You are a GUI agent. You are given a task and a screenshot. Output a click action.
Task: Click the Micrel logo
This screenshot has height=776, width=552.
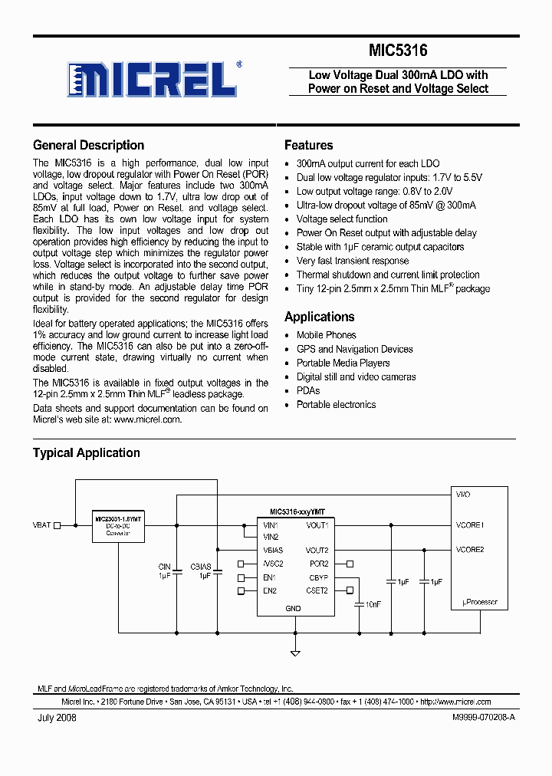151,78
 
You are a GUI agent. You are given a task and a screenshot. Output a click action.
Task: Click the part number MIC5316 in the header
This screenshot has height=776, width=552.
398,51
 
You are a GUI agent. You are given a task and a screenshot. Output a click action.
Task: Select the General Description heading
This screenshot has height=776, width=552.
88,145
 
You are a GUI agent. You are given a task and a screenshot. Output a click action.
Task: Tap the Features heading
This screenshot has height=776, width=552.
308,145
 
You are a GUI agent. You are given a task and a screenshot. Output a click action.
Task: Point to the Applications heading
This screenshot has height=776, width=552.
319,317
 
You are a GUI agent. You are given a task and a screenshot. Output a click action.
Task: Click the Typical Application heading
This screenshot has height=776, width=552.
86,452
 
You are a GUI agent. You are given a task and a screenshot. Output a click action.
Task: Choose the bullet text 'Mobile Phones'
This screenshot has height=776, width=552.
326,335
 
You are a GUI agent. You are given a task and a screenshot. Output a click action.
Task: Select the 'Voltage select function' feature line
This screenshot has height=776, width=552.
342,219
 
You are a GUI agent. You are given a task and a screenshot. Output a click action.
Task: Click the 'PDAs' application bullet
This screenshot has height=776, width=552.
308,390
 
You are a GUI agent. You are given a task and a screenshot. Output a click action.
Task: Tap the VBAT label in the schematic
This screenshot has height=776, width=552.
41,525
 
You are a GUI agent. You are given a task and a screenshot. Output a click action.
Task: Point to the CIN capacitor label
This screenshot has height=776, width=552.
165,567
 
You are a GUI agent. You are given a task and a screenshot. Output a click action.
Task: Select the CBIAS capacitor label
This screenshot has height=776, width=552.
201,567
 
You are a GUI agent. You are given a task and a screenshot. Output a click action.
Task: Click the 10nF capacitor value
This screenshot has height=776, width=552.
373,604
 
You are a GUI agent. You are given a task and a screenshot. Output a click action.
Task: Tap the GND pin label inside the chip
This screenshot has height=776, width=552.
293,609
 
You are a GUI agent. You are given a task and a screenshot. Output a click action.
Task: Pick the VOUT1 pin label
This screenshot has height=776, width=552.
317,525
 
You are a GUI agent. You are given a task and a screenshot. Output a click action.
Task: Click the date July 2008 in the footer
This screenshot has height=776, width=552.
56,718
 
